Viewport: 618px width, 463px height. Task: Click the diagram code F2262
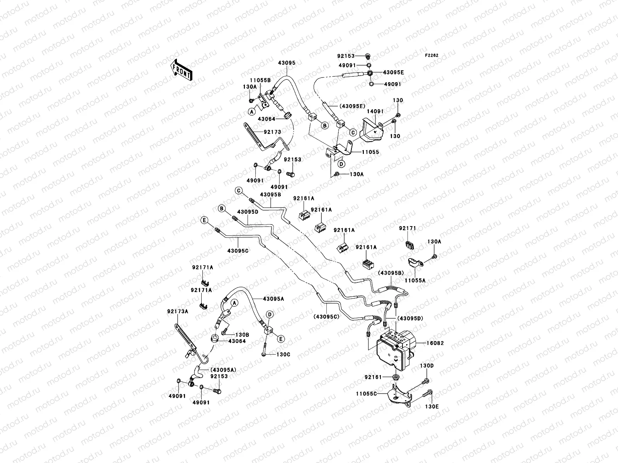click(432, 56)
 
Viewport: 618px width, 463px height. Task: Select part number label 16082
click(435, 343)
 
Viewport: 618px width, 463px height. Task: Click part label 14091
click(375, 111)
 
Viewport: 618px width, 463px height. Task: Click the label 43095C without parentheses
click(238, 250)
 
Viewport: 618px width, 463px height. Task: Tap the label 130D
click(427, 365)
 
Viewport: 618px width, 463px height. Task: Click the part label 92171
click(407, 228)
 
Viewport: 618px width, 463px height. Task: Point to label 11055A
click(415, 281)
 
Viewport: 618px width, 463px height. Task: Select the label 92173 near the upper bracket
click(273, 132)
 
